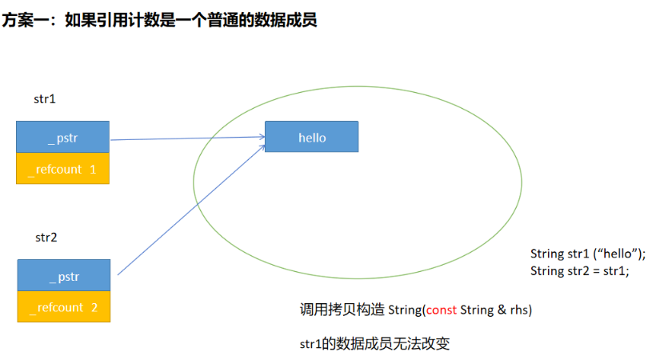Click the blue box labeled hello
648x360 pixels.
pyautogui.click(x=312, y=136)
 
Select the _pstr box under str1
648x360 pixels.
pyautogui.click(x=63, y=137)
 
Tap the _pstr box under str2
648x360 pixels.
pyautogui.click(x=64, y=275)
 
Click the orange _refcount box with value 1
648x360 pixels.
pyautogui.click(x=63, y=168)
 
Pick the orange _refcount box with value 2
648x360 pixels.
pyautogui.click(x=64, y=306)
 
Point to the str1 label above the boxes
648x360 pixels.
pyautogui.click(x=45, y=99)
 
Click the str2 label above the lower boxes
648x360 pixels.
pyautogui.click(x=46, y=238)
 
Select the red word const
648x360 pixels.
pyautogui.click(x=442, y=310)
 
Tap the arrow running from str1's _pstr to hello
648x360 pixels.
pyautogui.click(x=188, y=138)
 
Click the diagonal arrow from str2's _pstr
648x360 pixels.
pyautogui.click(x=191, y=210)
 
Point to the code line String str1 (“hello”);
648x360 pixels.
pyautogui.click(x=588, y=254)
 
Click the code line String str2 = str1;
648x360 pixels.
pyautogui.click(x=580, y=270)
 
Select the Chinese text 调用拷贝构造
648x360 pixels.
pyautogui.click(x=342, y=310)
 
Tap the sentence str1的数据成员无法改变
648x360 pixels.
pyautogui.click(x=375, y=343)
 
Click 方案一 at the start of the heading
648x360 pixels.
pyautogui.click(x=26, y=20)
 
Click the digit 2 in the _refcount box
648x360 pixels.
pyautogui.click(x=94, y=307)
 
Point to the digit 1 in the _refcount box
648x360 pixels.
pyautogui.click(x=93, y=169)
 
